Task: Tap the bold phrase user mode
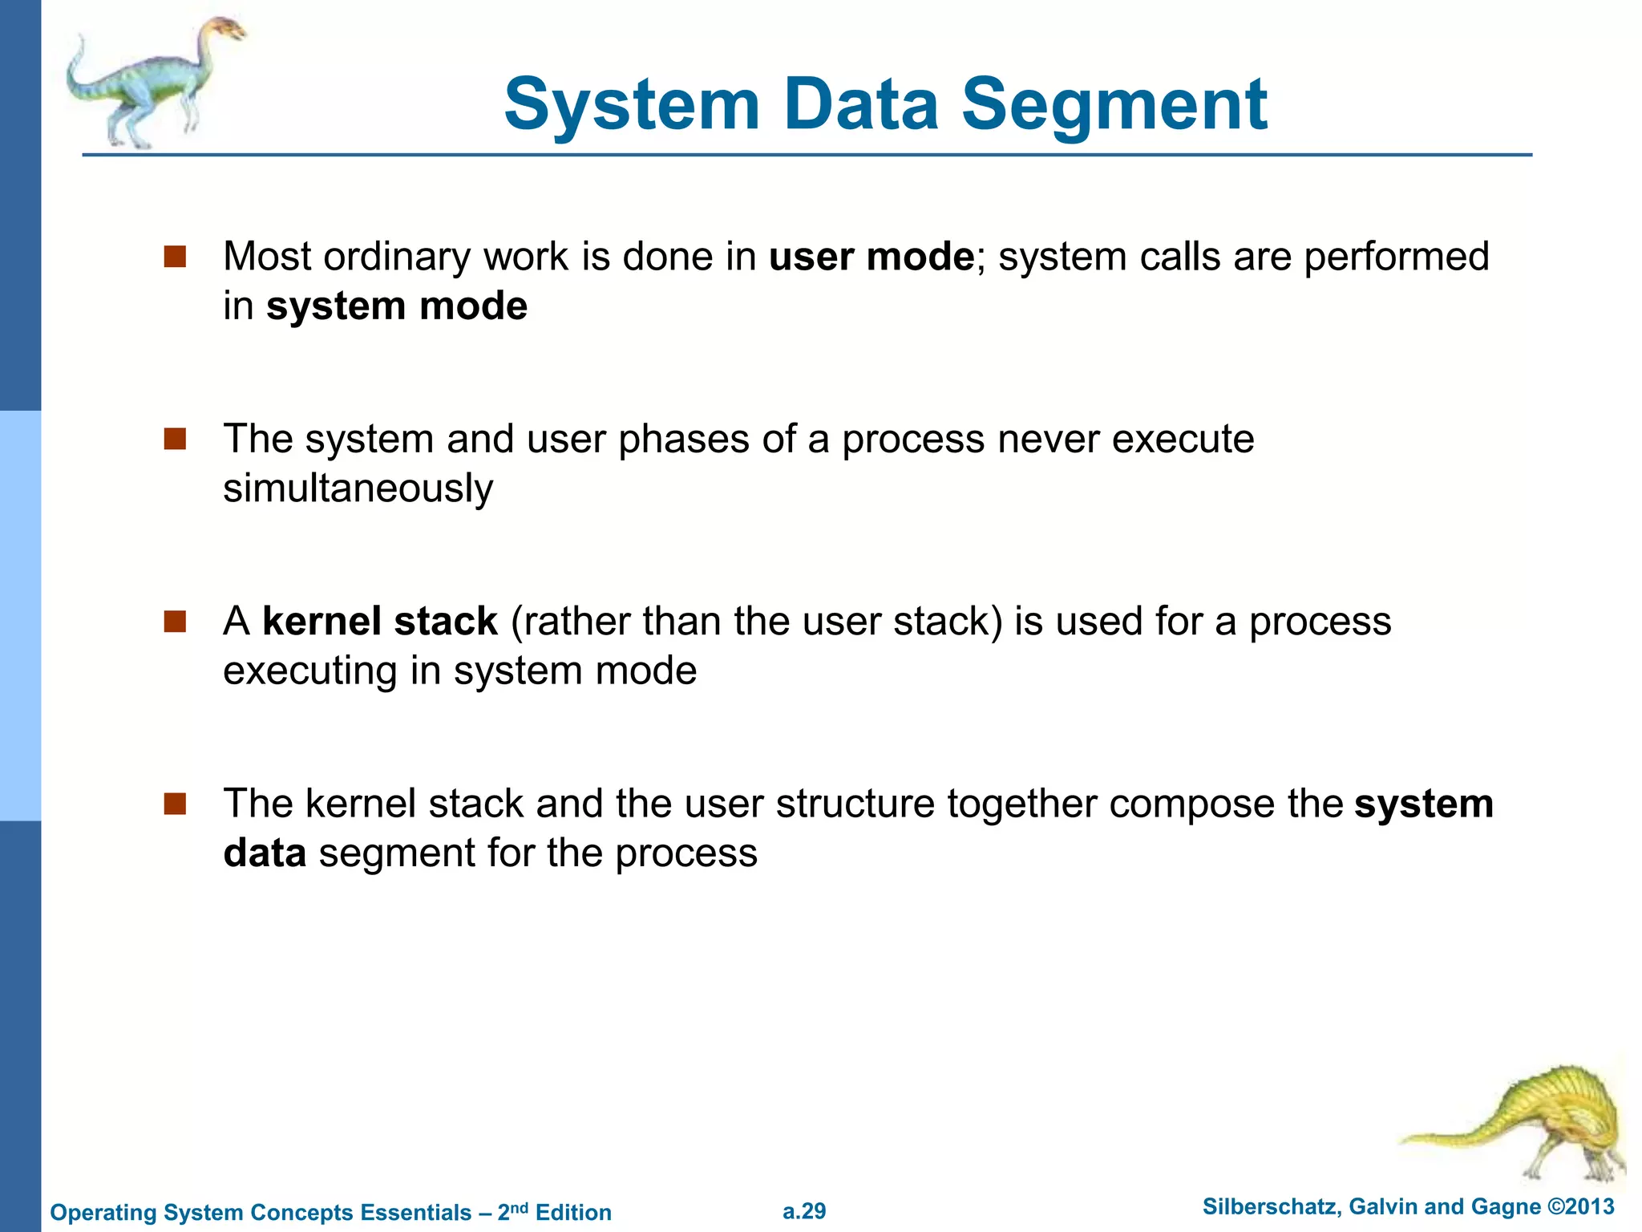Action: pyautogui.click(x=871, y=257)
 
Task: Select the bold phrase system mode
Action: pyautogui.click(x=397, y=306)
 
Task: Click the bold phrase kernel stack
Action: pyautogui.click(x=380, y=622)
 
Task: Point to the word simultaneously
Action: pyautogui.click(x=358, y=488)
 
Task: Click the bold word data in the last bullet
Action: pyautogui.click(x=265, y=853)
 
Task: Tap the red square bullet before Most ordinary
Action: pyautogui.click(x=175, y=257)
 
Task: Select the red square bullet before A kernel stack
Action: pyautogui.click(x=175, y=622)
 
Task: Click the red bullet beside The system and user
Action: pyautogui.click(x=175, y=439)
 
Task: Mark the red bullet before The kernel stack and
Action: pyautogui.click(x=175, y=804)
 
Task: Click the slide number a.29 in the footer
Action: pyautogui.click(x=804, y=1211)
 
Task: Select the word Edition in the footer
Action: pyautogui.click(x=573, y=1212)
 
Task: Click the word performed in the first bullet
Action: pyautogui.click(x=1396, y=257)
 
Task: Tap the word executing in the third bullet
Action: pyautogui.click(x=309, y=671)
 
